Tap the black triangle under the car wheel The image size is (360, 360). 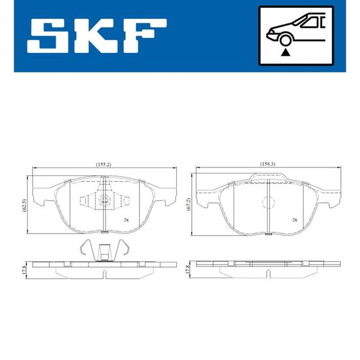[x=285, y=52]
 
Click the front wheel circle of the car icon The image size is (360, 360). [x=285, y=40]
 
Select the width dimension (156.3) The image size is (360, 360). [x=268, y=164]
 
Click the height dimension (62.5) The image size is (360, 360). [x=25, y=206]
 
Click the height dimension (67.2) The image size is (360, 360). [x=189, y=204]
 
